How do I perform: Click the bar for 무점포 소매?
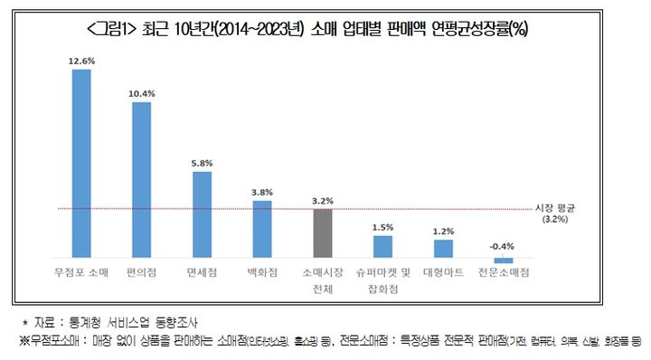[80, 164]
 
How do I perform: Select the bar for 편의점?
[141, 180]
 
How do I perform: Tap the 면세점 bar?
[202, 214]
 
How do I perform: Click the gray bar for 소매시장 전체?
[323, 233]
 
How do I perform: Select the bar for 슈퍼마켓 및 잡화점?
[383, 246]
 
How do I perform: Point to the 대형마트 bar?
[443, 249]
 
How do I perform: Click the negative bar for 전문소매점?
[504, 261]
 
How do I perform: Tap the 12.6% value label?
[80, 62]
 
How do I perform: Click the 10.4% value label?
[141, 94]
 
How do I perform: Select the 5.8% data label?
[202, 163]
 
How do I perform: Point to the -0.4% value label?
[504, 246]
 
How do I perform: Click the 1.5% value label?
[383, 227]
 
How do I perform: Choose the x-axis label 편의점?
[141, 271]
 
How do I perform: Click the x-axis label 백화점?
[262, 271]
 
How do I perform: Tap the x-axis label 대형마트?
[443, 271]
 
